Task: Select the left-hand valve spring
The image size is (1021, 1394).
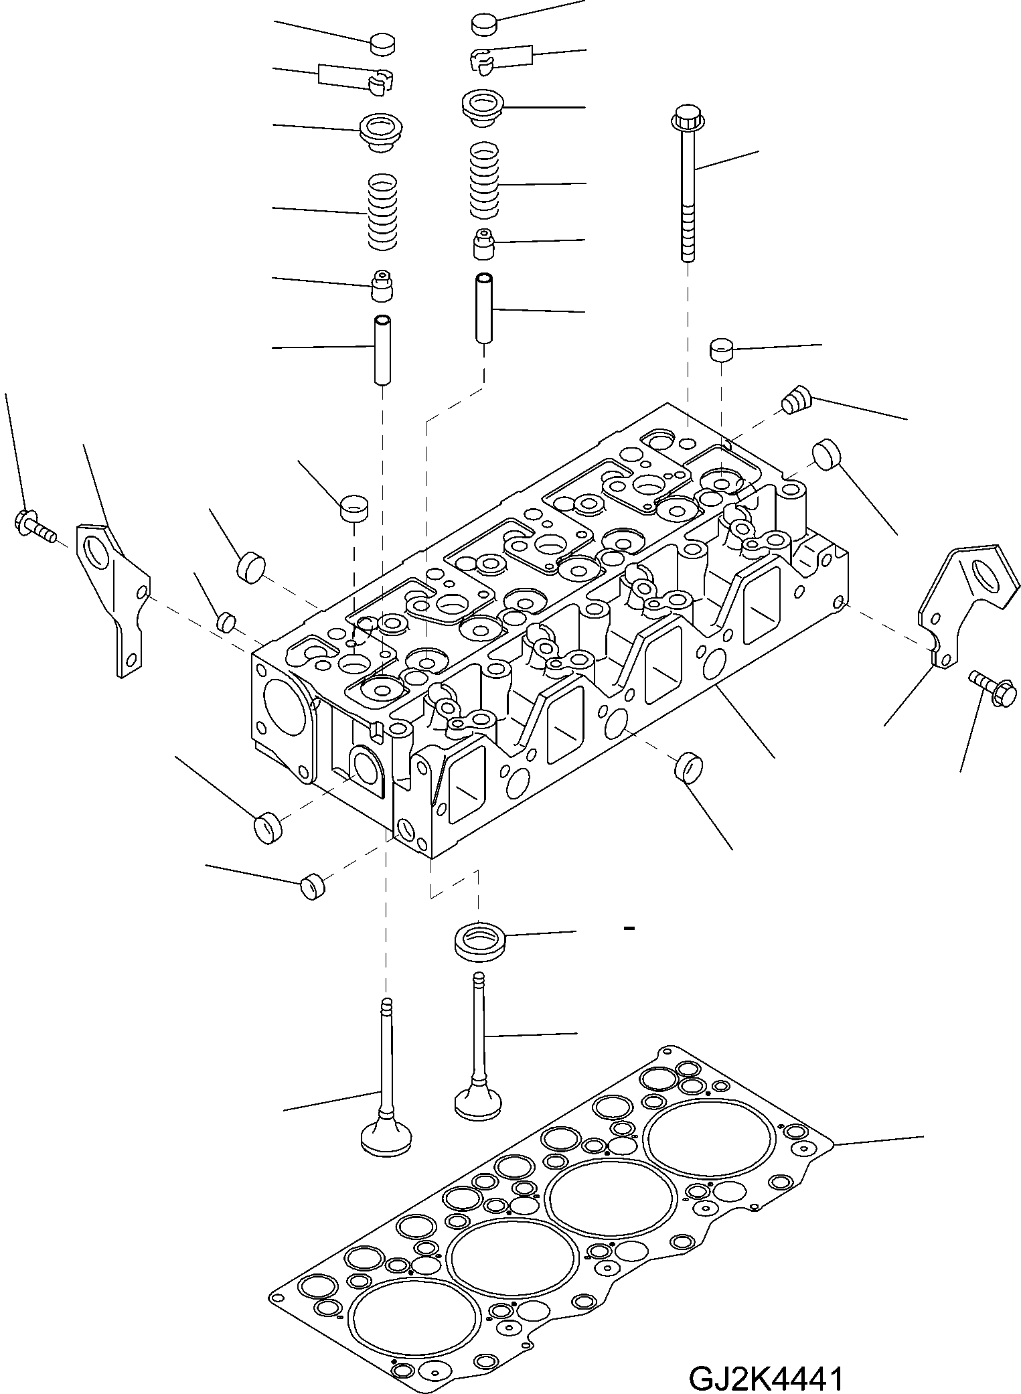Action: [x=384, y=212]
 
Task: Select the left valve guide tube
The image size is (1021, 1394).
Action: [x=382, y=350]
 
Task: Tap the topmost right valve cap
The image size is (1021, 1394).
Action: [x=484, y=25]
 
